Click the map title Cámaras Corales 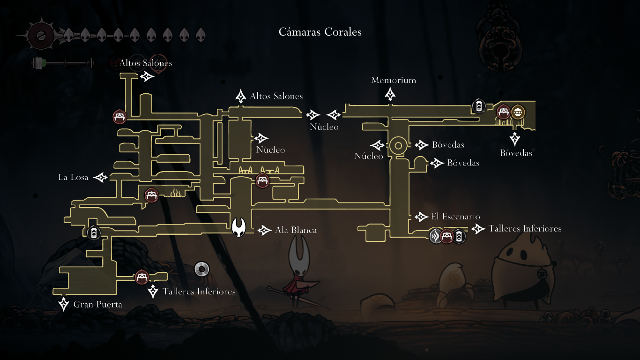pos(320,32)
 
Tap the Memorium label pos(394,80)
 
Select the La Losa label pos(73,177)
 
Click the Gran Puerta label pos(97,304)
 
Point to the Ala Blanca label pos(296,230)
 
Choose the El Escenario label pos(455,217)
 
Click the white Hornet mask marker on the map pos(239,227)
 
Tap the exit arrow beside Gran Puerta pos(64,304)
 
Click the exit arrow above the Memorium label pos(390,94)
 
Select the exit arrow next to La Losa pos(101,177)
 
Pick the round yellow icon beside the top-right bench pos(518,112)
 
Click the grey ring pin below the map pos(201,269)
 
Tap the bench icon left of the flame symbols pos(151,195)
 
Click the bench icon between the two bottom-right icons pos(447,236)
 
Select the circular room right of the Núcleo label pos(398,145)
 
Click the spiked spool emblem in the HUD pos(40,35)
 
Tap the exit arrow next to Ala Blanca pos(265,230)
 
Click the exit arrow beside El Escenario pos(420,217)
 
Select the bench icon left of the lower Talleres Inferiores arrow pos(141,277)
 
